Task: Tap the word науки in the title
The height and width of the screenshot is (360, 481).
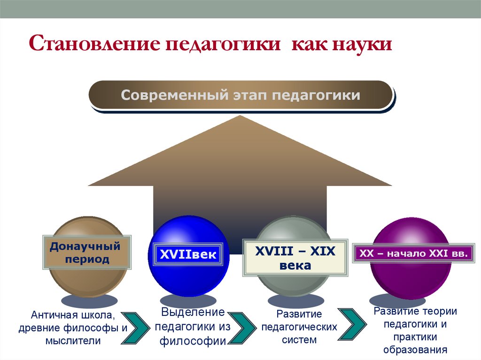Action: [363, 46]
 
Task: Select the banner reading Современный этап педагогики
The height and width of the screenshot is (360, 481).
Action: [240, 95]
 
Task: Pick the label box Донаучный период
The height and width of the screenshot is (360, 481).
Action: [86, 253]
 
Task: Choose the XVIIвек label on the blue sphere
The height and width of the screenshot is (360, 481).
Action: [188, 255]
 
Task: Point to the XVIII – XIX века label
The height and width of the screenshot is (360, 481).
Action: [295, 258]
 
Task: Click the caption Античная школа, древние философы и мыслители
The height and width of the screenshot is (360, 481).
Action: [73, 328]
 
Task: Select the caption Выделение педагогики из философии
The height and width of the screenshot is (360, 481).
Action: [193, 327]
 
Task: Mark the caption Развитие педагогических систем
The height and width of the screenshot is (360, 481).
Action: [300, 327]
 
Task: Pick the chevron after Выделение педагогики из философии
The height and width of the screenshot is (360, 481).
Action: [242, 328]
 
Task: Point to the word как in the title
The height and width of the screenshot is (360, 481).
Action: [308, 46]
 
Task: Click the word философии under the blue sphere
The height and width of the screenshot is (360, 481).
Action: [193, 341]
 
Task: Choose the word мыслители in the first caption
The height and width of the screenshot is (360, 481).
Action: [73, 341]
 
